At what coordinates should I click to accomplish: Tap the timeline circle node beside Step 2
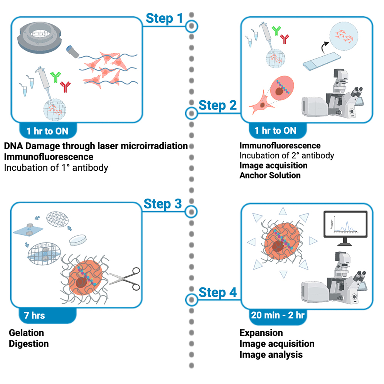tap(192, 113)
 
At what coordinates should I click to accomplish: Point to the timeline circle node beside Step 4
tap(192, 299)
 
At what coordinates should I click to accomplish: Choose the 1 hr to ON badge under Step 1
tap(47, 131)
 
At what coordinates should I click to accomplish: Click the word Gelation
tap(26, 333)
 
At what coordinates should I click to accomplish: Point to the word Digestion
tap(29, 344)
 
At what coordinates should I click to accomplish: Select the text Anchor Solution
tap(269, 175)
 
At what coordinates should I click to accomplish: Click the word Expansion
tap(261, 333)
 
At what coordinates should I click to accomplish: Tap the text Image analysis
tap(271, 354)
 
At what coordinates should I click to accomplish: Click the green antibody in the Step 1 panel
tap(56, 77)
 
